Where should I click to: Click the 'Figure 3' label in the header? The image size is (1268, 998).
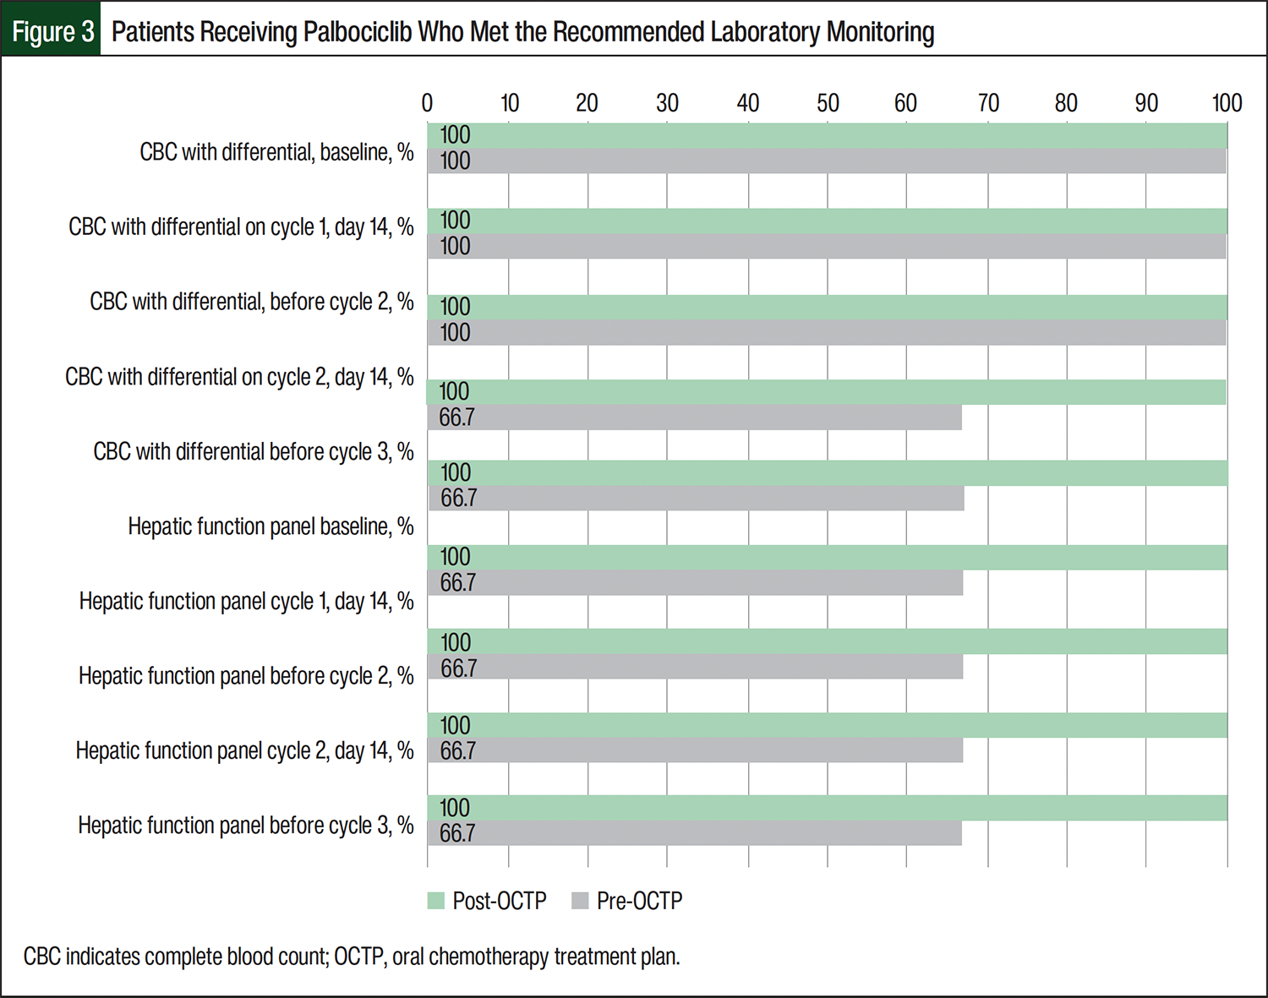coord(52,31)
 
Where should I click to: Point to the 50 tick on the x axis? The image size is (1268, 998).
coord(828,103)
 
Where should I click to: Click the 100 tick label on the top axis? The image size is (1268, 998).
coord(1227,103)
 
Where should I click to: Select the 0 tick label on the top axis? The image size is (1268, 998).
coord(427,103)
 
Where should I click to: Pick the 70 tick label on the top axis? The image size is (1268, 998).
coord(988,103)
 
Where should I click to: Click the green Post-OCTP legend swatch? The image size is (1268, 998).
coord(436,901)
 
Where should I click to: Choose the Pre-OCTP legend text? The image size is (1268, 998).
coord(639,901)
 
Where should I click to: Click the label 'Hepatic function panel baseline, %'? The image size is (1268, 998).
coord(271,526)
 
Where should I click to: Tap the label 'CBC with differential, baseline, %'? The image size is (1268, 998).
coord(276,152)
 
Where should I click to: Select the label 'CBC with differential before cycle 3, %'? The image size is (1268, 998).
coord(254,452)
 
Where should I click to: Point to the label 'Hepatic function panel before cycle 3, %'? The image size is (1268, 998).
coord(246,826)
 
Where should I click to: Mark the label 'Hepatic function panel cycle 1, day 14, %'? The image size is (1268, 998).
coord(246,602)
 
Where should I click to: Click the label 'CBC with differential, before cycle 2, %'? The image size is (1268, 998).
coord(252,302)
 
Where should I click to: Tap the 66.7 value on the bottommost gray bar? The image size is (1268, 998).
coord(457,833)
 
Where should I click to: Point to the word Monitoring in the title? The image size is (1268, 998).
coord(880,32)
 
